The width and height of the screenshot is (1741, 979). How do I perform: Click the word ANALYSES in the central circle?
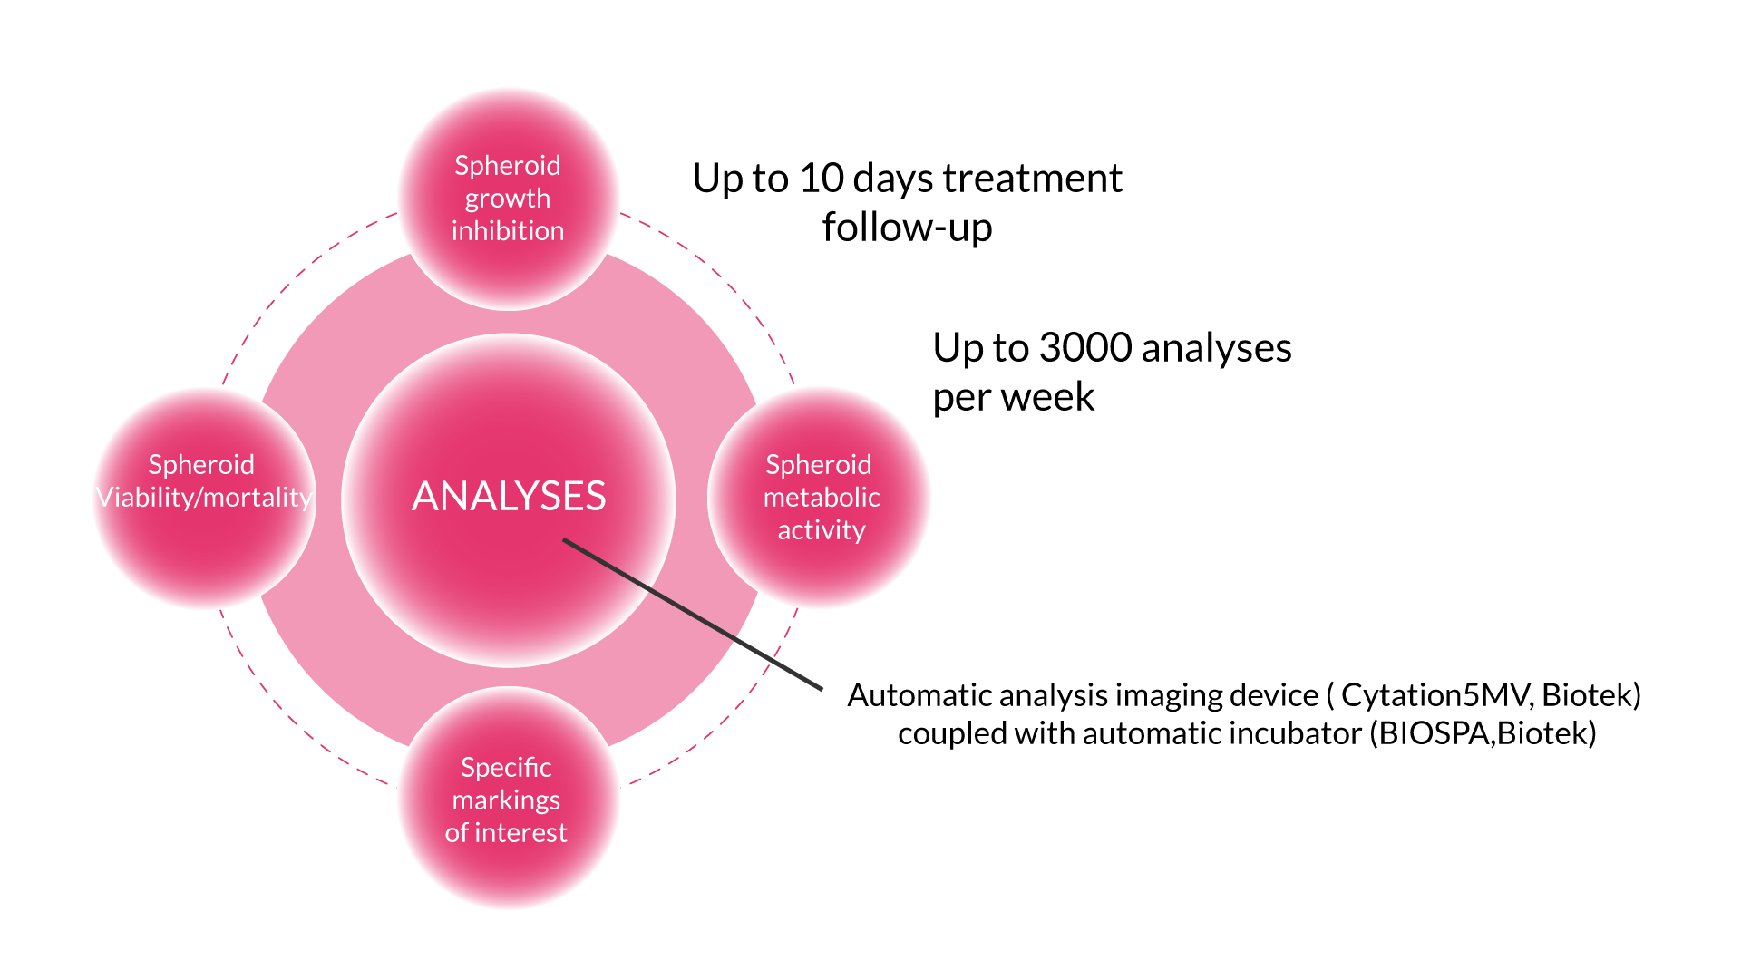(509, 497)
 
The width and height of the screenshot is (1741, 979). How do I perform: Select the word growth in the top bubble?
(508, 199)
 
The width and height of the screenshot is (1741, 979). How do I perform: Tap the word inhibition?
(508, 231)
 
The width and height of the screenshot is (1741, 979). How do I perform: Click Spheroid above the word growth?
(508, 166)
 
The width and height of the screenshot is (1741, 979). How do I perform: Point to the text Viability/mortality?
(205, 498)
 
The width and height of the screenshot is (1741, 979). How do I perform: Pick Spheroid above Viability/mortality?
(201, 465)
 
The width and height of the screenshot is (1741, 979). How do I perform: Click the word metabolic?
(822, 498)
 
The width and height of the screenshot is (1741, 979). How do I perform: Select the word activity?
(822, 530)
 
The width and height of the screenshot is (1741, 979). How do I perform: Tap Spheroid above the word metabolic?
(819, 465)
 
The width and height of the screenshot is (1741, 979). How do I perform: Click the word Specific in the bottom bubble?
(506, 768)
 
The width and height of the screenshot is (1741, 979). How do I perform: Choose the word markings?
(506, 800)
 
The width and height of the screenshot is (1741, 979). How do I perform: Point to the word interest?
(520, 833)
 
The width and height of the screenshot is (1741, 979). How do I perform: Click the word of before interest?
(457, 833)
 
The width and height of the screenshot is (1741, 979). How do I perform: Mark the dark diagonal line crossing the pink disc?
(694, 615)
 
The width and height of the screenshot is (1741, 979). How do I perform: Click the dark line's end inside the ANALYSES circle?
(566, 541)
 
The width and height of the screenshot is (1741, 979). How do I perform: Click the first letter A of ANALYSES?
(424, 497)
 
